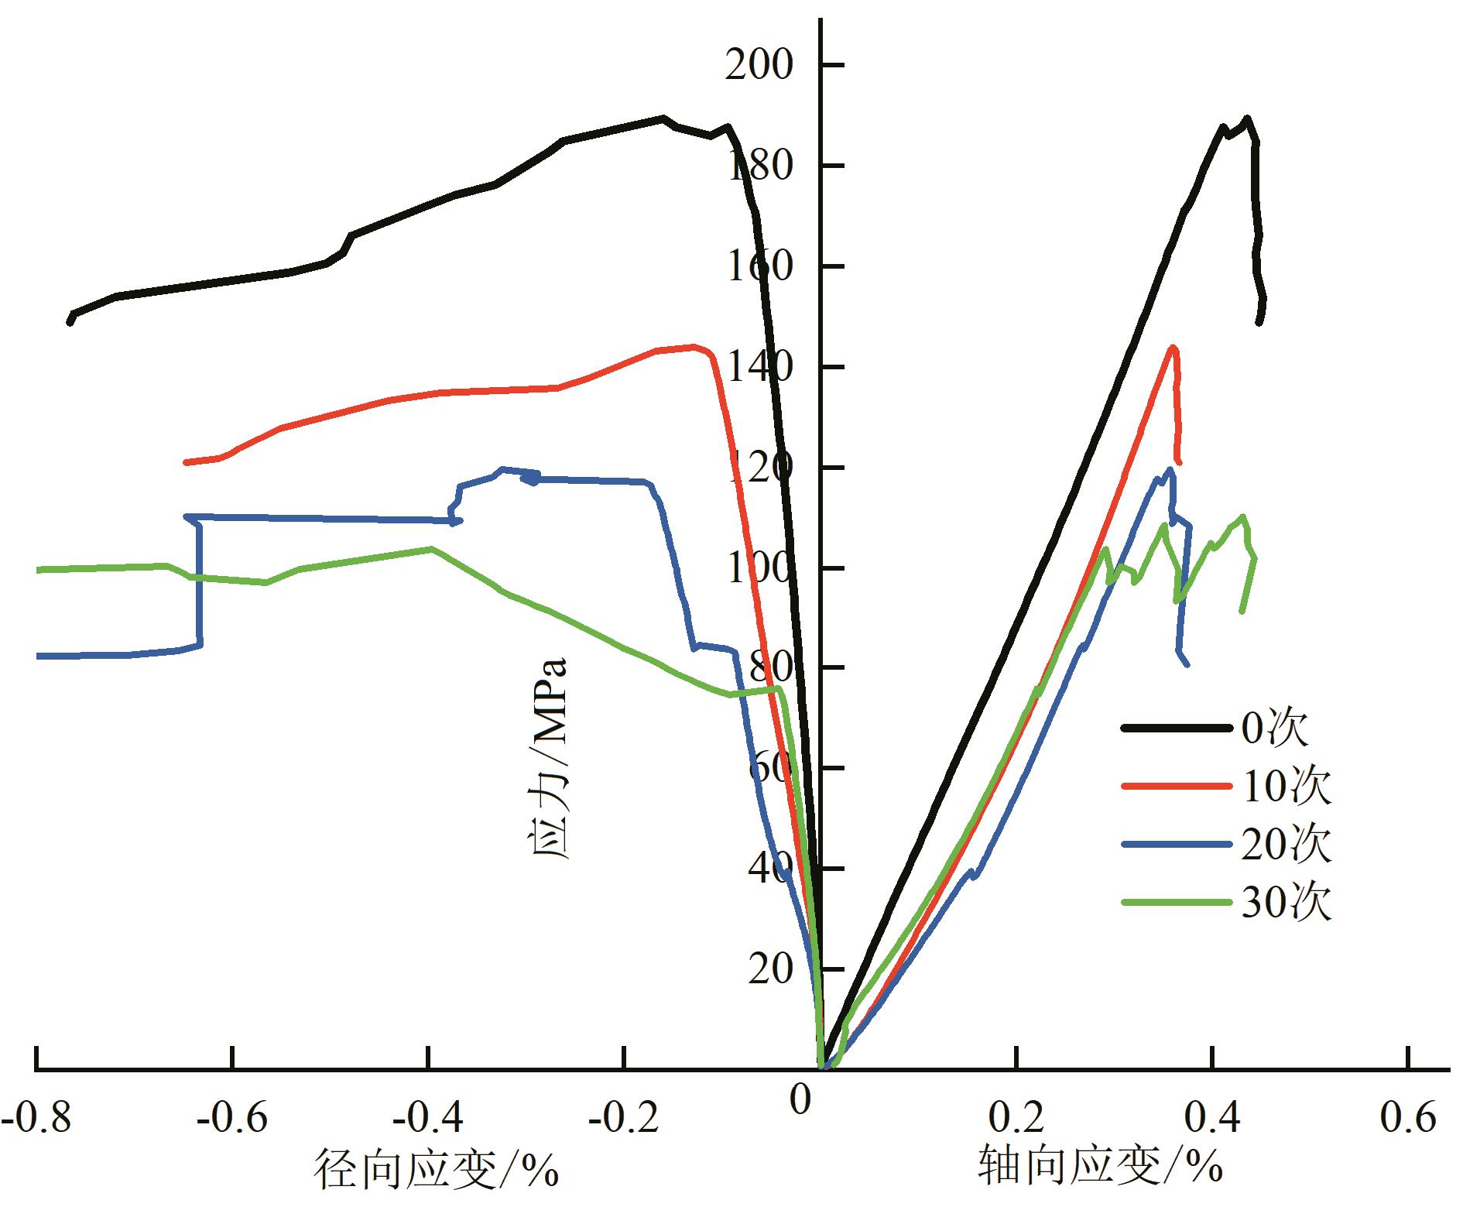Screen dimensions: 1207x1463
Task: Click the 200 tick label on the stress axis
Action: point(759,67)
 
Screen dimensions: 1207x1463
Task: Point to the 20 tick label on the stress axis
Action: point(770,970)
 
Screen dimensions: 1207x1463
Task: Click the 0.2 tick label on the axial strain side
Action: point(1016,1118)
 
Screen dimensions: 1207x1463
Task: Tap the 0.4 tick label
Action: point(1213,1118)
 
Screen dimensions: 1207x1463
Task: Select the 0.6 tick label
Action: point(1408,1118)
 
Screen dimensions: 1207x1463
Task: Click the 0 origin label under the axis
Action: point(800,1099)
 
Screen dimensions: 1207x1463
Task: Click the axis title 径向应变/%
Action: point(436,1168)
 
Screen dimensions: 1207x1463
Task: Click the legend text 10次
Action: point(1286,787)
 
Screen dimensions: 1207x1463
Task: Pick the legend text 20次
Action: point(1286,844)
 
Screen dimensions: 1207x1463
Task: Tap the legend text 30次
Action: point(1286,902)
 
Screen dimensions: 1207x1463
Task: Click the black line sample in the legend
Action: point(1176,729)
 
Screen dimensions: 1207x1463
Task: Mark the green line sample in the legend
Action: point(1176,902)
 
